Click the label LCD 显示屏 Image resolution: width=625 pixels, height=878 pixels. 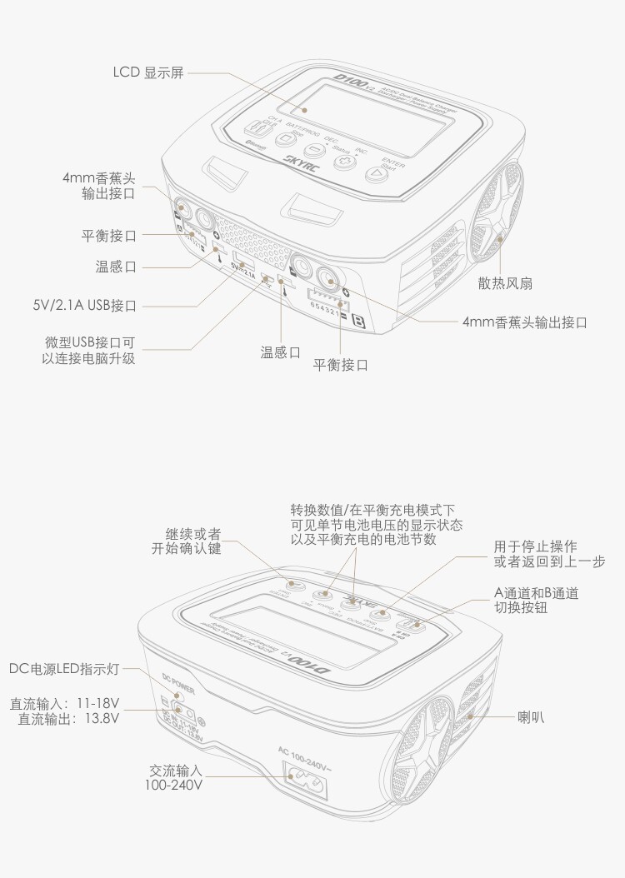148,72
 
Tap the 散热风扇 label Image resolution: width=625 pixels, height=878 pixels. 505,283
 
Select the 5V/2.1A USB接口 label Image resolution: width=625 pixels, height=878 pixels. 92,305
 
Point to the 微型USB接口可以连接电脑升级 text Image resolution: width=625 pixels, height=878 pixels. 89,351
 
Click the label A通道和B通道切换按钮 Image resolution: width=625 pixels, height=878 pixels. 537,601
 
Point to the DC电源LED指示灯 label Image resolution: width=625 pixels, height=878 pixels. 66,669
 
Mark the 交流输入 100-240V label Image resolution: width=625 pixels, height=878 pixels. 174,777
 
